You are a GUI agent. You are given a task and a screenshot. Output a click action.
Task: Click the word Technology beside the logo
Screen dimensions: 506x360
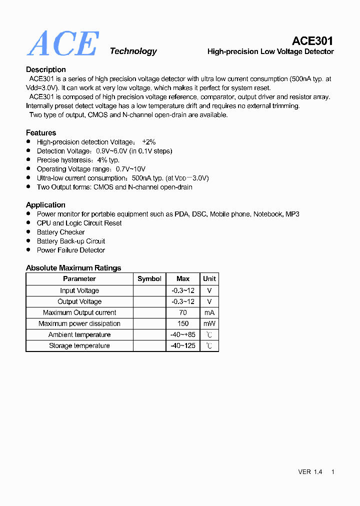[133, 51]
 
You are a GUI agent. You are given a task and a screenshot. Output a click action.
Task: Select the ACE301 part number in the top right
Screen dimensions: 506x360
[312, 41]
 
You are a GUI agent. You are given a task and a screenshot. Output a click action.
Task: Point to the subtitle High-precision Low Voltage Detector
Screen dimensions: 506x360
[270, 51]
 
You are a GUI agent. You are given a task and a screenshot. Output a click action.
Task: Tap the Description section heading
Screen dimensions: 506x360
[46, 69]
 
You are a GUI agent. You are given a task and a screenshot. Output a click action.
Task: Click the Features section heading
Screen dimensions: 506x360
[41, 132]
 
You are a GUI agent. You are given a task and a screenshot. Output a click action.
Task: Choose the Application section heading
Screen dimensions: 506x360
[45, 204]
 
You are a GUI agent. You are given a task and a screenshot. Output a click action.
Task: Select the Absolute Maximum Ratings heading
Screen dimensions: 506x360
[73, 268]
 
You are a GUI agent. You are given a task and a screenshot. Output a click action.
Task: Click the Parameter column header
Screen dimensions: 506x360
[79, 278]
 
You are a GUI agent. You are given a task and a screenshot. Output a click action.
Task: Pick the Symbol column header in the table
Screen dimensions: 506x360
[149, 278]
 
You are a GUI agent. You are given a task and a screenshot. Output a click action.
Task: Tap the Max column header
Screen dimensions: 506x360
[183, 278]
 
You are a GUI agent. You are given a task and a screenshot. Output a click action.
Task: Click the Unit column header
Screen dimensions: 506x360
[209, 278]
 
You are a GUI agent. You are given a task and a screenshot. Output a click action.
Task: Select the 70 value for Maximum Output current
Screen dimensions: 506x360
[183, 312]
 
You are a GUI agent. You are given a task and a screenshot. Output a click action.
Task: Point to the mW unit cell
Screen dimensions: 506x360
[209, 323]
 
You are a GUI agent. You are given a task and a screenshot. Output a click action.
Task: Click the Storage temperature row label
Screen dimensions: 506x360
[79, 345]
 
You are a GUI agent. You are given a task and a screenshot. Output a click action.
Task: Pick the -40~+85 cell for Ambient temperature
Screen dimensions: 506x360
[183, 334]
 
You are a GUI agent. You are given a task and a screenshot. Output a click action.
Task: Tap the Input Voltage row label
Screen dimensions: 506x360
[79, 290]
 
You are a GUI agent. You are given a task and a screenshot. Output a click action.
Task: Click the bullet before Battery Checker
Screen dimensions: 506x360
[28, 232]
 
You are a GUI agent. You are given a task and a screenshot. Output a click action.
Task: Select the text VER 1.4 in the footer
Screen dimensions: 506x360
[310, 472]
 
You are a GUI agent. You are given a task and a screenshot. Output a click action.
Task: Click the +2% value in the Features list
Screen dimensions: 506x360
[149, 142]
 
